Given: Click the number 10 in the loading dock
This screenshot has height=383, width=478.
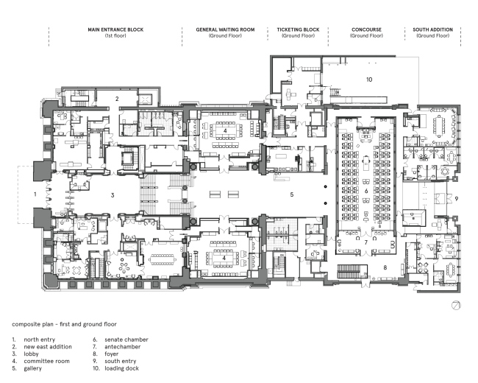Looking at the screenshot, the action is point(369,80).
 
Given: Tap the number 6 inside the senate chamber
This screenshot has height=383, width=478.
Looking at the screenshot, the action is point(366,191).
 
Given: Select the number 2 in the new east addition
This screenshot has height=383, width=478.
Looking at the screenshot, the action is point(117,99).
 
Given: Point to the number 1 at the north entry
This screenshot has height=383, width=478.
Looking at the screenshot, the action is point(35,194).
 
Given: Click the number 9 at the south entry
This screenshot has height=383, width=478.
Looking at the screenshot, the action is point(457,199).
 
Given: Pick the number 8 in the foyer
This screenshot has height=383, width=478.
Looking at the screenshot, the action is point(385,267).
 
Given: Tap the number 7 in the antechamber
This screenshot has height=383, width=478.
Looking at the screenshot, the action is point(366,242).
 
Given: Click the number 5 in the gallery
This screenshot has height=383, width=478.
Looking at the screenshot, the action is point(292,194).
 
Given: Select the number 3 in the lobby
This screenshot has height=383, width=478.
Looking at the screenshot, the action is point(113,195).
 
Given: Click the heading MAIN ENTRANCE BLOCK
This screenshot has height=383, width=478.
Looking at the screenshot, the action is point(115,29).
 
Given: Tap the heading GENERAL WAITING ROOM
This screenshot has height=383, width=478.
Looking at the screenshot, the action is point(225,29).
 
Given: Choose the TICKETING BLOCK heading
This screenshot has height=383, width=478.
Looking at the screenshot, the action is point(298,29).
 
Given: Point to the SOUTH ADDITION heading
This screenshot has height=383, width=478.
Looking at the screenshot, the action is point(433,29).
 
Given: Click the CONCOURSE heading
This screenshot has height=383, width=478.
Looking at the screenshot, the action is point(366,29).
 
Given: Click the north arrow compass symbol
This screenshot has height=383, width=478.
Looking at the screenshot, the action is point(456,305).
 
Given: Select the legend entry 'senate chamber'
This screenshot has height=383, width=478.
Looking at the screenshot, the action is point(126,340).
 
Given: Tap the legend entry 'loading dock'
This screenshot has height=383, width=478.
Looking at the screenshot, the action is point(121,368).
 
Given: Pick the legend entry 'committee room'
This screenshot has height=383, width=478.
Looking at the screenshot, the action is point(46,361).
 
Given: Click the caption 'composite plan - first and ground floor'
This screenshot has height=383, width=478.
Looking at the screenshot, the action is point(64,324).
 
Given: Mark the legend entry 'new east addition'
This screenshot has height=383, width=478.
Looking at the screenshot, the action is point(48,347).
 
